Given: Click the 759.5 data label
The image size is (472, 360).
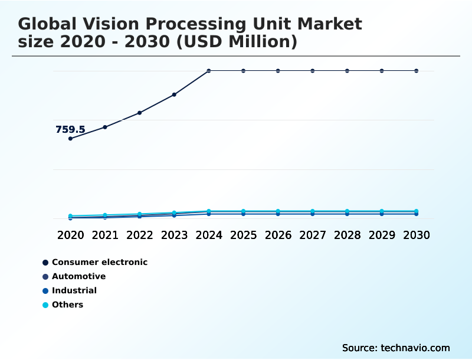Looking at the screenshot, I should pos(70,129).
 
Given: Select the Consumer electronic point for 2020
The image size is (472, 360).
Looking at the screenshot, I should pos(70,139).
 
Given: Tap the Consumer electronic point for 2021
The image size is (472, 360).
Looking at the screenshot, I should pos(105,127).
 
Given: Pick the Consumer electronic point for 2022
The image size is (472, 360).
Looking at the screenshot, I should pos(140,113).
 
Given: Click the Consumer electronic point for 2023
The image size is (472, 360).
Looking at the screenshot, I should pos(174,94).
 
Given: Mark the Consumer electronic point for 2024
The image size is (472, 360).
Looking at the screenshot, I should pos(209,71).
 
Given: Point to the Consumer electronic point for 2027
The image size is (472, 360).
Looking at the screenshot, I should pos(313,71).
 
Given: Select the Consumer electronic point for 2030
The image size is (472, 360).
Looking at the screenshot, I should pos(417,71).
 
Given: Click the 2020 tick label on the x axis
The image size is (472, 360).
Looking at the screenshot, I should pos(70,235).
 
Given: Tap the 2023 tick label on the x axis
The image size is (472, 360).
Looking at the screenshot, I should pos(174,235).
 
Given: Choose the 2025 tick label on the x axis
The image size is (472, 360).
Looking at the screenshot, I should pos(243,235).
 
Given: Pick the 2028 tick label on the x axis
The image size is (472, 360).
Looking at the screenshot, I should pos(347,235).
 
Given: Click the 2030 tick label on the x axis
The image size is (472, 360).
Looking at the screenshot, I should pos(417,235).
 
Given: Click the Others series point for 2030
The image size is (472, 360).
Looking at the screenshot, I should pos(417,211).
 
